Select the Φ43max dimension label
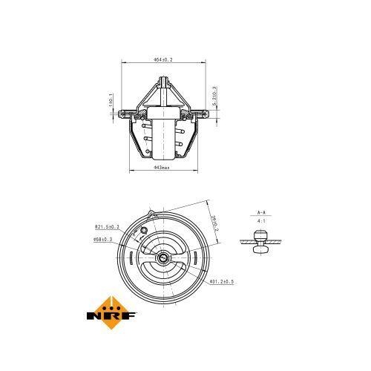point(162,168)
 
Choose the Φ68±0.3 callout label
point(102,239)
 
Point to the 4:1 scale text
point(260,220)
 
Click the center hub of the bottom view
point(162,260)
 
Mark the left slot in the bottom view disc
point(132,260)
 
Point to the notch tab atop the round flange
point(152,215)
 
